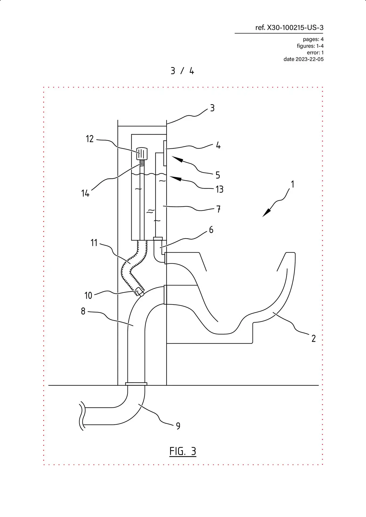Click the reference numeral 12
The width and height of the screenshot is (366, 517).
coord(90,139)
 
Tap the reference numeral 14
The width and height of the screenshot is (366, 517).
coord(85,193)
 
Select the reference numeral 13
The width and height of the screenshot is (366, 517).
coord(220,189)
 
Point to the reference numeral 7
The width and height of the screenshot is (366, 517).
coord(219,209)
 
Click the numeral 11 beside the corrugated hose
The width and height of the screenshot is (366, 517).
coord(94,243)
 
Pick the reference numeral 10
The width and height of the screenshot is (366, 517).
coord(88,296)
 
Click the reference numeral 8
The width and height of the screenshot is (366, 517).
coord(83,311)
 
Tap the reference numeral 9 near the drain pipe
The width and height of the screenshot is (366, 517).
coord(178,426)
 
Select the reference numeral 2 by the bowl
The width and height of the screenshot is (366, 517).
coord(313,338)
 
